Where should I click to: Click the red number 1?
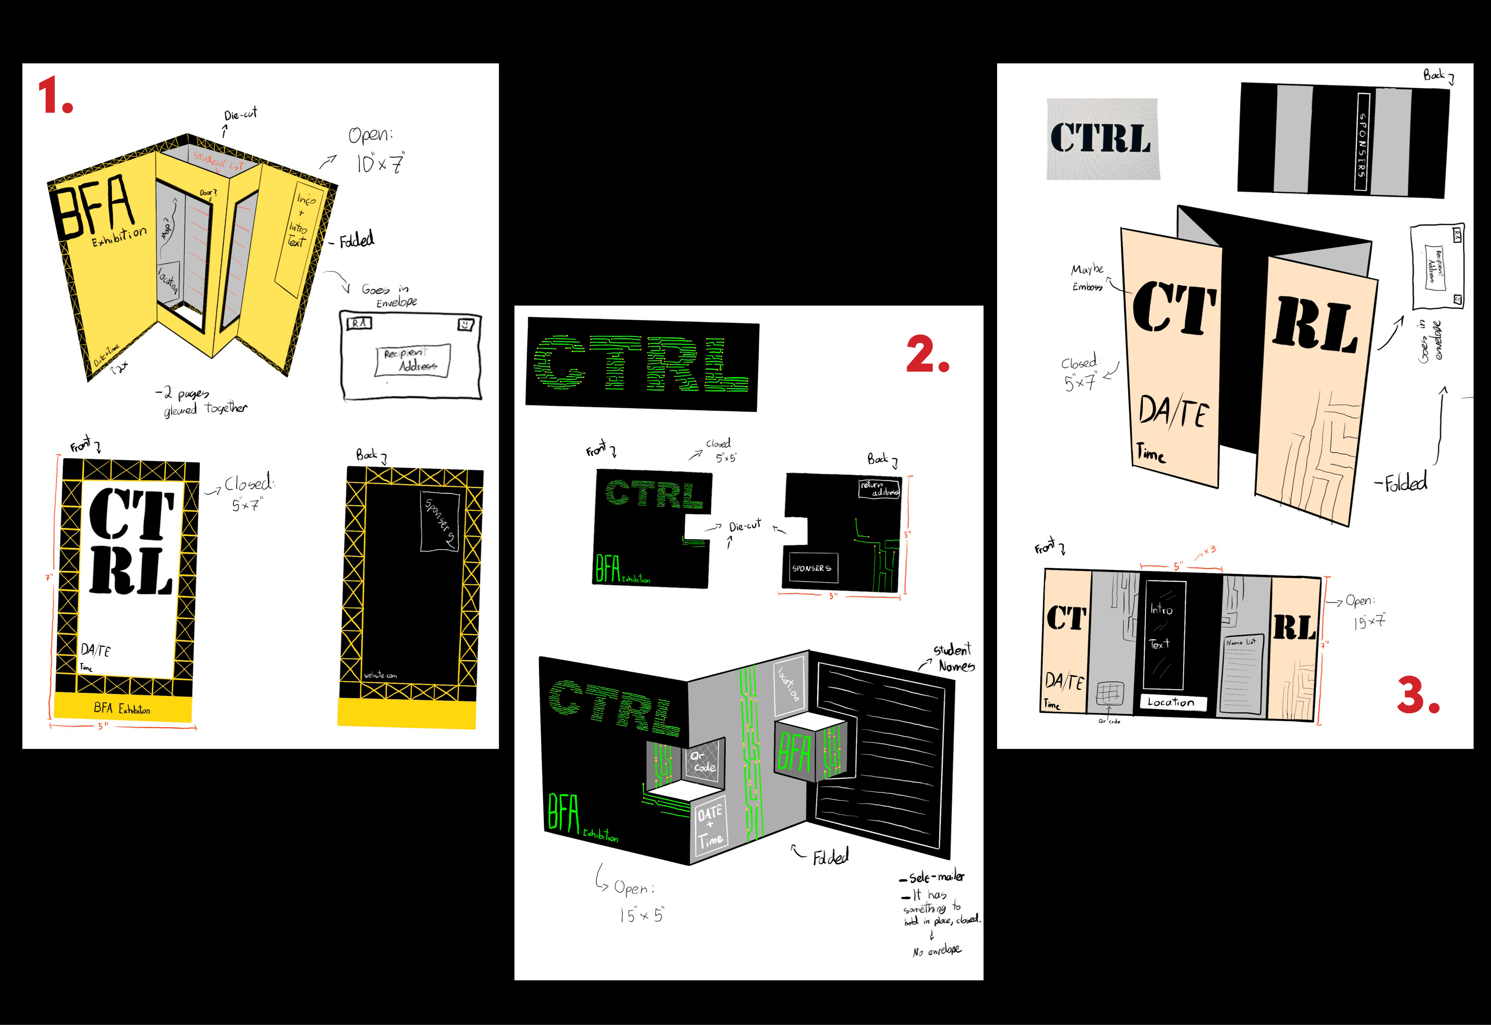click(x=55, y=95)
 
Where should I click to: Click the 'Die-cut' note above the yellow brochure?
click(x=240, y=115)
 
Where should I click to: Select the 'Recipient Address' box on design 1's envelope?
click(x=412, y=360)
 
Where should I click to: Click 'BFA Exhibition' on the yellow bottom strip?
click(x=122, y=708)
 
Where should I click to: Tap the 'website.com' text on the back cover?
click(x=380, y=675)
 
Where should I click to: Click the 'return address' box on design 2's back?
click(x=879, y=489)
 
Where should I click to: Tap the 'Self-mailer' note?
click(x=935, y=877)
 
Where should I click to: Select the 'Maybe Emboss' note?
click(x=1087, y=277)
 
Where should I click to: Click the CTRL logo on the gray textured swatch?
click(x=1101, y=138)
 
